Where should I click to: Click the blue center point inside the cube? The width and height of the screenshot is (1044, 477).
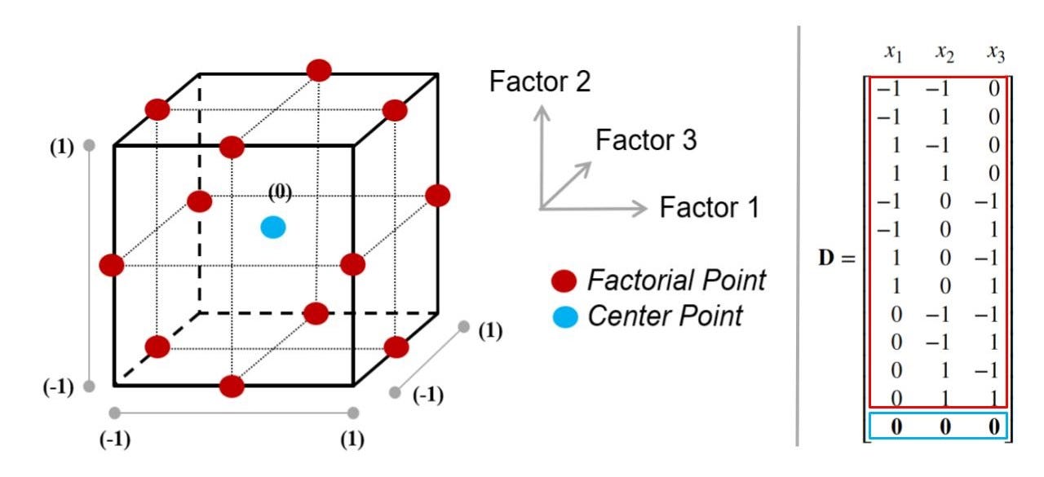[273, 227]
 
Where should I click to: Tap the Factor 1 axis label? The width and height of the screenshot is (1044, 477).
[710, 207]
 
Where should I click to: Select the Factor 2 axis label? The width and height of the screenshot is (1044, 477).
[539, 82]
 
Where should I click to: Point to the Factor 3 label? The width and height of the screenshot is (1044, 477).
[646, 140]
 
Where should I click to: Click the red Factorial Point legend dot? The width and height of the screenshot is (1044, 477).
[564, 282]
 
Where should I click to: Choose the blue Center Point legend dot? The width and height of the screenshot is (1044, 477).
[564, 316]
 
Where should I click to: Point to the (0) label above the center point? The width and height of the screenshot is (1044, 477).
[281, 192]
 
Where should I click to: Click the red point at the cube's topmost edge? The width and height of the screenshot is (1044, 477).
[319, 70]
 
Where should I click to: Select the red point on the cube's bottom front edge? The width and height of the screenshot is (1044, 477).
[232, 386]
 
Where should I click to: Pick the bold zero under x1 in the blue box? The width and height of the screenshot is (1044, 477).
[896, 426]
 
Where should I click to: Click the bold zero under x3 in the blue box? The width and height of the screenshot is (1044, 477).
[993, 426]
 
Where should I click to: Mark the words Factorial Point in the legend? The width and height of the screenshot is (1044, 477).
[676, 281]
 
